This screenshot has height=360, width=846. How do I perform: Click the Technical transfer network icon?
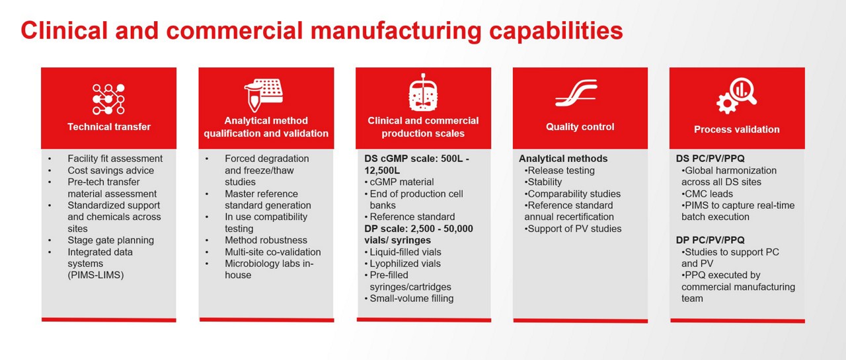pos(108,99)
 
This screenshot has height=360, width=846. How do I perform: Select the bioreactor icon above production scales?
pos(423,93)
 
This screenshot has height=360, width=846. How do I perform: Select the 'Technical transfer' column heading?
pos(109,127)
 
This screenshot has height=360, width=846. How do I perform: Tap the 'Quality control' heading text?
pos(580,127)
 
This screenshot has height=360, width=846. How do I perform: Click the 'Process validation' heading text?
pos(736,129)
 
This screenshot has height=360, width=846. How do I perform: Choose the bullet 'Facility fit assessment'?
pos(114,159)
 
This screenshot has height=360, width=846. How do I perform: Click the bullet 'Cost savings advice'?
pos(110,170)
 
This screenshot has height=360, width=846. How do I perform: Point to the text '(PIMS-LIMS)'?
pos(95,275)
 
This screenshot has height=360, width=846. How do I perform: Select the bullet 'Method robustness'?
pos(266,240)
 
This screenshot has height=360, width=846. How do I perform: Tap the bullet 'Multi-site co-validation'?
pos(272,252)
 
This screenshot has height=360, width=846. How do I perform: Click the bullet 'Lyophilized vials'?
pos(405,264)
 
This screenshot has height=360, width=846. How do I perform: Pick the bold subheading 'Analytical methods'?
pos(563,159)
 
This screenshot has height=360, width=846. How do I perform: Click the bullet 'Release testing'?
pos(561,170)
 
